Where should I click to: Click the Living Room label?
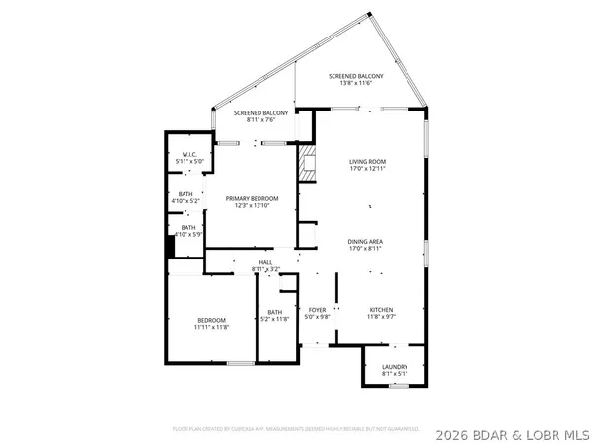coord(367,161)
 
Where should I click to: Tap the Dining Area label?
coord(365,242)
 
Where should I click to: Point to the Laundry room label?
coord(394,366)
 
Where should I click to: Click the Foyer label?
coord(317,309)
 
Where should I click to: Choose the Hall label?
coord(265,261)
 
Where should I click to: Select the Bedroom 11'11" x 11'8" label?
coord(211,320)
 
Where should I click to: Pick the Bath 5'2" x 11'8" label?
coord(273,313)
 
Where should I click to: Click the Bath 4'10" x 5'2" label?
coord(185,197)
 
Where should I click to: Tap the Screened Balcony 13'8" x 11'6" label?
coord(356,75)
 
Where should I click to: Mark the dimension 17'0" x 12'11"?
coord(367,168)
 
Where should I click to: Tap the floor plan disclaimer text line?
coord(296,429)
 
